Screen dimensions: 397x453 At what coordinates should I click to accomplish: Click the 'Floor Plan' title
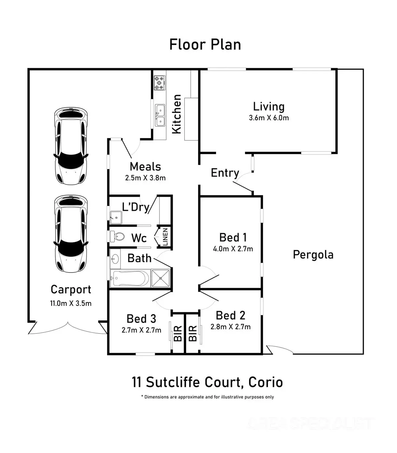point(205,45)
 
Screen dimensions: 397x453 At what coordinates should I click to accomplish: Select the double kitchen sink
point(160,115)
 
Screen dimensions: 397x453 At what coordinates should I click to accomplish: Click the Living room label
point(269,106)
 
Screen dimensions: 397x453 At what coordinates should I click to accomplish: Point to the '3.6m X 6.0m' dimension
point(269,118)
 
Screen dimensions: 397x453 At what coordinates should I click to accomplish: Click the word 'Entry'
point(225,173)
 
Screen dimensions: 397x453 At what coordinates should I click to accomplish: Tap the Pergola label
point(313,255)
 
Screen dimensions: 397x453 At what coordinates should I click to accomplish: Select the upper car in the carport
point(71,146)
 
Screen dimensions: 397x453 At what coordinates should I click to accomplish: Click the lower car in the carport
point(71,233)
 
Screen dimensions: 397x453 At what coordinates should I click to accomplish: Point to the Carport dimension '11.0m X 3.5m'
point(71,303)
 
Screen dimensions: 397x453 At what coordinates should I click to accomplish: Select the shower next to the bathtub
point(160,278)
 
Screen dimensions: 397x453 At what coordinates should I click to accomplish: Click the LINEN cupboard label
point(165,236)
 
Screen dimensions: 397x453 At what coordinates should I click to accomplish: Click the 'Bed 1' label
point(233,237)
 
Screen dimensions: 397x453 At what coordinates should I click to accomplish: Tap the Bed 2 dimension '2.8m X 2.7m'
point(231,327)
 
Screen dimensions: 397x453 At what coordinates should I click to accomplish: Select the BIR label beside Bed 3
point(178,333)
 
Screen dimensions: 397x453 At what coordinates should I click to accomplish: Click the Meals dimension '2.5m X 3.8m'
point(145,178)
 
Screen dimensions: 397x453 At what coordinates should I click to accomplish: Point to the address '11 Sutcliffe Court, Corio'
point(207,382)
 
